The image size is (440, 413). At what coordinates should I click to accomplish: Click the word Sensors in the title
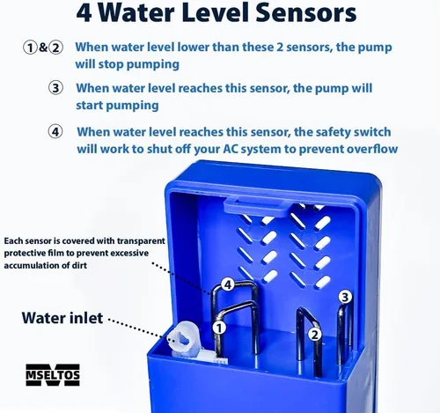coord(306,12)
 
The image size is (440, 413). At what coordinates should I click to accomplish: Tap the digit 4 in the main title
coord(84,12)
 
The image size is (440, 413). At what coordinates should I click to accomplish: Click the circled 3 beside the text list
coord(55,88)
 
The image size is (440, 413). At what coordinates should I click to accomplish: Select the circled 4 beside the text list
coord(55,131)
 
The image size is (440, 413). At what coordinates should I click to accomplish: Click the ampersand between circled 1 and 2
coord(43,48)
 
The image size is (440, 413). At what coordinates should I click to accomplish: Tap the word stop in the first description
coord(111,64)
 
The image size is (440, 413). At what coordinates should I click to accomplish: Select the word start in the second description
coord(89,105)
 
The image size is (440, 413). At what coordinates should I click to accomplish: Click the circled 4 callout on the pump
coord(227,284)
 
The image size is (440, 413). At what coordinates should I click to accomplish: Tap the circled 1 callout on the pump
coord(219,328)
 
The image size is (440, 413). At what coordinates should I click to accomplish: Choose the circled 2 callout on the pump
coord(314,335)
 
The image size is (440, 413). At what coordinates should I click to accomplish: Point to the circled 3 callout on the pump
coord(345,297)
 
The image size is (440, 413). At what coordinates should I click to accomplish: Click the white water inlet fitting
coord(184,338)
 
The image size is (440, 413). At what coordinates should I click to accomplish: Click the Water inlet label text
coord(62,318)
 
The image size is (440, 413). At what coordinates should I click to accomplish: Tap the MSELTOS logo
coord(53,375)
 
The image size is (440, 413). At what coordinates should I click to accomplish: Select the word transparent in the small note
coord(141,241)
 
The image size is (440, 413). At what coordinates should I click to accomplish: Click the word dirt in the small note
coord(79,265)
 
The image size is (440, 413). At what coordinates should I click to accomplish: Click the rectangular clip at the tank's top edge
coord(255,208)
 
